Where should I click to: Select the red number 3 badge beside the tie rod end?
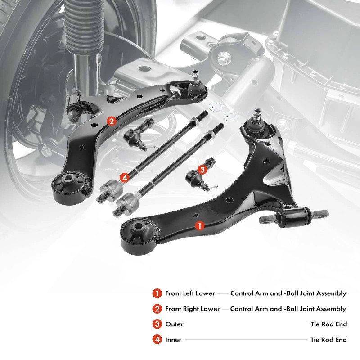coord(202,170)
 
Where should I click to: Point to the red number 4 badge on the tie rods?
coord(125,178)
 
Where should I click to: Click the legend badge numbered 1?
coord(157,293)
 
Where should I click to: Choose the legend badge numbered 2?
coord(157,309)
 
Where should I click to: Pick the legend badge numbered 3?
coord(157,324)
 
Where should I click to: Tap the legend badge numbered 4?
coord(157,340)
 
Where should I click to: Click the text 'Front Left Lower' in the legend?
coord(190,293)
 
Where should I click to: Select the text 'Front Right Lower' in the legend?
coord(193,309)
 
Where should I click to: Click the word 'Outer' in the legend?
coord(174,324)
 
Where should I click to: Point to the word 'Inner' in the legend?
coord(173,340)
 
